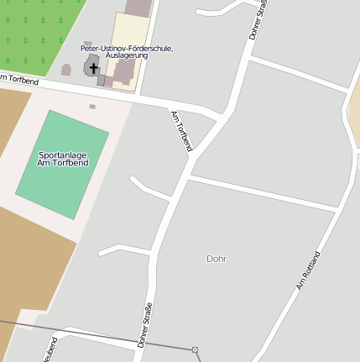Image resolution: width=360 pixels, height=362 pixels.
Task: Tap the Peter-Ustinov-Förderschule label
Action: (x=127, y=49)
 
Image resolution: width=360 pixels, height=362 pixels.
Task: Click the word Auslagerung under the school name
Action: (x=127, y=56)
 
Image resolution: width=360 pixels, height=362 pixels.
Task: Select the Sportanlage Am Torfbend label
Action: (x=62, y=159)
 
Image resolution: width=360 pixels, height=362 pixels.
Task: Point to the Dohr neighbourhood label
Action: (x=217, y=259)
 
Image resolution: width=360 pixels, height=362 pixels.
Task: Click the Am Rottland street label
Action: (x=309, y=270)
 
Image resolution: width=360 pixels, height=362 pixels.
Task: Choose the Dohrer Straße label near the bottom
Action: (x=144, y=324)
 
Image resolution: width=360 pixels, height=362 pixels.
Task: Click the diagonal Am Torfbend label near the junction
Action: (x=181, y=131)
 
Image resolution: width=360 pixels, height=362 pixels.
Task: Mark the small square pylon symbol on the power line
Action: (x=195, y=349)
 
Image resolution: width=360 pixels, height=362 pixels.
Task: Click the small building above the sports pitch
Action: (x=92, y=107)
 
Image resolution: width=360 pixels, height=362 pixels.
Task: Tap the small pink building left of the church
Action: (x=66, y=70)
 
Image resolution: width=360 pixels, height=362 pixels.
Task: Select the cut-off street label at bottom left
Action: (x=51, y=349)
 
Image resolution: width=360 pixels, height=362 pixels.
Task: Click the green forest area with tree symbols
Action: (x=34, y=29)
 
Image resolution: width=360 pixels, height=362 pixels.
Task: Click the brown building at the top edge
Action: (x=138, y=7)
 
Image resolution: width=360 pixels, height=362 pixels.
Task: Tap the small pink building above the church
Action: (x=88, y=44)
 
